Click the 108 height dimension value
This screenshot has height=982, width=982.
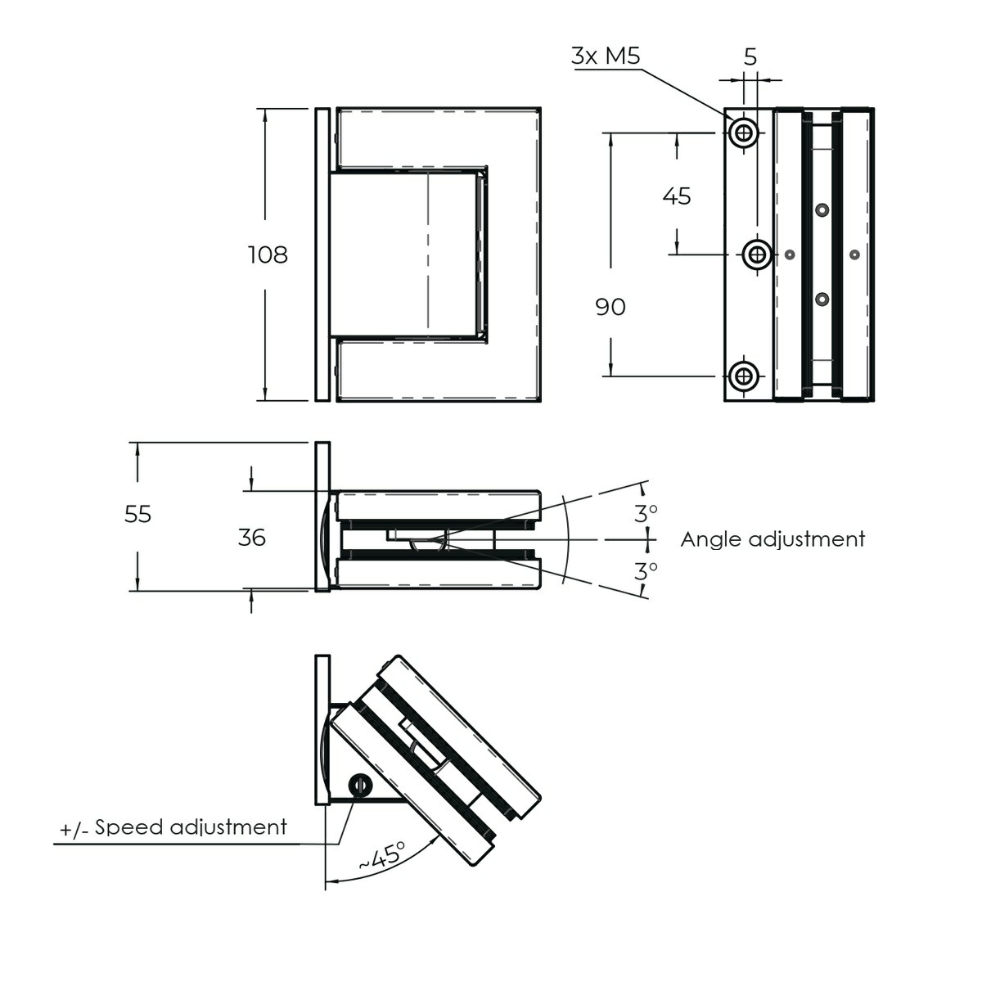click(268, 255)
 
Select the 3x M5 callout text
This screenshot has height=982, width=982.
click(606, 56)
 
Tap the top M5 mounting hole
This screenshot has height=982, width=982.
click(744, 132)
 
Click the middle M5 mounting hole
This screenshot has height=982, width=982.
click(758, 255)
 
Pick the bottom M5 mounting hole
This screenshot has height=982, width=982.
click(744, 376)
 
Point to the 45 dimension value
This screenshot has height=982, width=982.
click(677, 196)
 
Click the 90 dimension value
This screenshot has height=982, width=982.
click(610, 307)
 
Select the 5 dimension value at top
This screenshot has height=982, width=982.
click(750, 56)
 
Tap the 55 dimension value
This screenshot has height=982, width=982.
click(138, 515)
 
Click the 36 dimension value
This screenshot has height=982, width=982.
click(251, 538)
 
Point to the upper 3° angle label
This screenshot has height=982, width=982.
click(646, 513)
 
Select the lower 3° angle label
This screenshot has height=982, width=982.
click(646, 570)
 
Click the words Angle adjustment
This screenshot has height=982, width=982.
click(773, 539)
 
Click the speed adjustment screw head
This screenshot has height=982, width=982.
click(360, 786)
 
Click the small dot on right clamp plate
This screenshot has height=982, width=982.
click(854, 255)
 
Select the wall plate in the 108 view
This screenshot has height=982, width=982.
click(322, 255)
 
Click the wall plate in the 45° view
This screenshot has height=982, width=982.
click(322, 730)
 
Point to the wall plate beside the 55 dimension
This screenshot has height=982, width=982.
click(322, 516)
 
